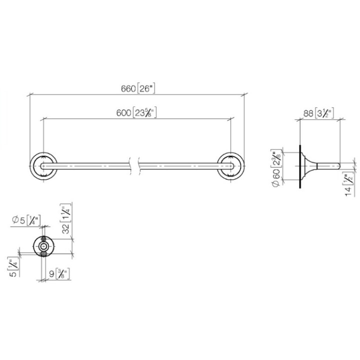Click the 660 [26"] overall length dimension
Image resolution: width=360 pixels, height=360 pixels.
coord(138,88)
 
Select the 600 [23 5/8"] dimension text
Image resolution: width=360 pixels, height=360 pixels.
coord(136,113)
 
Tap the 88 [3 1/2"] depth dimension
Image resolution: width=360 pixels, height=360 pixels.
coord(318,113)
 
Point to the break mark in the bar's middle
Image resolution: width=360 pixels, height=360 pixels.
coord(133,164)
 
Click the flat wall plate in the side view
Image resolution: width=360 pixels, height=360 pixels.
coord(300,165)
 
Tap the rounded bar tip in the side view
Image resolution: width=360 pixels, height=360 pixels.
coord(338,165)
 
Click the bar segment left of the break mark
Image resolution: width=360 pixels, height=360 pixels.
coord(90,165)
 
